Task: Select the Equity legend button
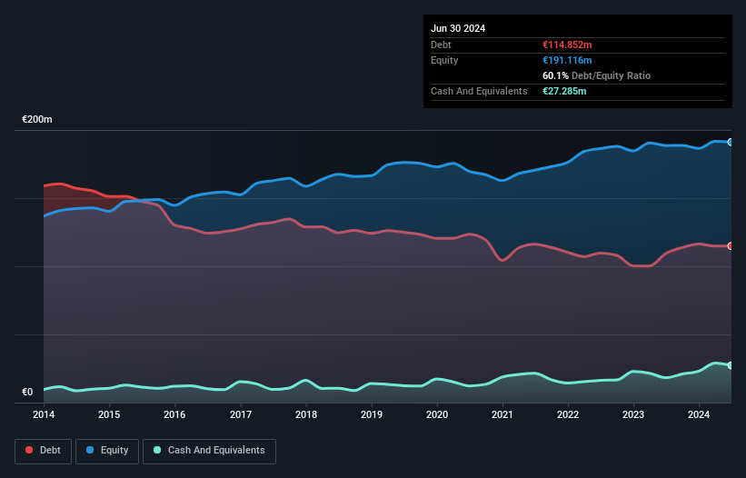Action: tap(107, 450)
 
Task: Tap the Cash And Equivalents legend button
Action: tap(208, 450)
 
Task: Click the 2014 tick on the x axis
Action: tap(44, 414)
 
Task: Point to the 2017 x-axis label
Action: tap(241, 414)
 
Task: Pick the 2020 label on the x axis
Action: tap(437, 414)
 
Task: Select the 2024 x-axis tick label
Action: tap(699, 414)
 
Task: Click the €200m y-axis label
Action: tap(37, 120)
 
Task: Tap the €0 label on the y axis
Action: tap(27, 393)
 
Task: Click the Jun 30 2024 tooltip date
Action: tap(458, 28)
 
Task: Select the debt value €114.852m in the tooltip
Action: tap(567, 45)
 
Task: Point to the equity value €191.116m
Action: tap(567, 60)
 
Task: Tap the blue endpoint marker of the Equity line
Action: tap(731, 142)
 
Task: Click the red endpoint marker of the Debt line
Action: tap(731, 246)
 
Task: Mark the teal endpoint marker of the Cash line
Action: tap(731, 365)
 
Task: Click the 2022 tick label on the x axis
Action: tap(568, 414)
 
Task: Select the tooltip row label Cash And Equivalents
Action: tap(479, 91)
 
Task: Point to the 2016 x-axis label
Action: tap(174, 414)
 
